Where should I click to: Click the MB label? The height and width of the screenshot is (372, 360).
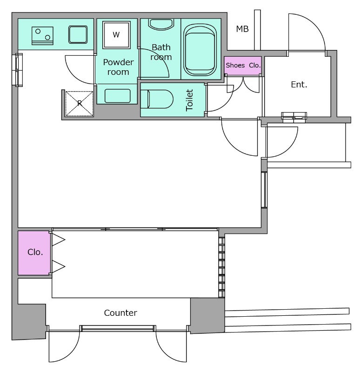tap(242, 29)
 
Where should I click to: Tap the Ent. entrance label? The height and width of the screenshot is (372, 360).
tap(299, 85)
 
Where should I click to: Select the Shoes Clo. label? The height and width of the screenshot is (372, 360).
tap(243, 65)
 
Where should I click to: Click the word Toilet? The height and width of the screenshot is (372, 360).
tap(189, 100)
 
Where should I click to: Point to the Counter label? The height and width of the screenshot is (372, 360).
tap(120, 312)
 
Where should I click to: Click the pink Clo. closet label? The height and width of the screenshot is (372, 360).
tap(35, 252)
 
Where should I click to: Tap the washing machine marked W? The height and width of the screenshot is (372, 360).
tap(116, 34)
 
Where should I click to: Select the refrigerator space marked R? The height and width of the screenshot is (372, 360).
tap(79, 104)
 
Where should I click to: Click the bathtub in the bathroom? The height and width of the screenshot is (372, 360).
tap(200, 50)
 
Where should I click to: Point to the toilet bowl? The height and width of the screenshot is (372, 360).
tap(157, 99)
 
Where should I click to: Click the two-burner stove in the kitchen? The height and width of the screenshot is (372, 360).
tap(42, 36)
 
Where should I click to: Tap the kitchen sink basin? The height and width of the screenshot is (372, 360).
tap(78, 34)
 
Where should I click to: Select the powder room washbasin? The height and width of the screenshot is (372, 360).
tap(118, 96)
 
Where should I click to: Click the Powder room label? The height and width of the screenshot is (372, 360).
tap(118, 67)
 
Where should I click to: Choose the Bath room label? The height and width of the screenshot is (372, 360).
tap(161, 52)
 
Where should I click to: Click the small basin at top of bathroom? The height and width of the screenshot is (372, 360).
tap(160, 24)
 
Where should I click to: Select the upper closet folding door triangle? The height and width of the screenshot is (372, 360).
tap(59, 240)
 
